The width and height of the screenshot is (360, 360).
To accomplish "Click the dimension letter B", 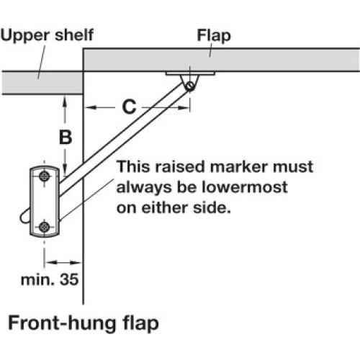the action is tap(66, 138).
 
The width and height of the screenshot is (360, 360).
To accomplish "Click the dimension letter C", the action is tap(129, 107).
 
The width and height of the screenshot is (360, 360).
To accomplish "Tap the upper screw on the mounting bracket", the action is tap(44, 176).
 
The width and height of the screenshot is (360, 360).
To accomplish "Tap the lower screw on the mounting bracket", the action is tap(44, 227).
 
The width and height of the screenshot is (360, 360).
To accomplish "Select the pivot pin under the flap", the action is tap(191, 86).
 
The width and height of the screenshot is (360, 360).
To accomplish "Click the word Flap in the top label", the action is tap(214, 36).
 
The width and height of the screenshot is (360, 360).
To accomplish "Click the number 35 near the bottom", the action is tap(69, 279).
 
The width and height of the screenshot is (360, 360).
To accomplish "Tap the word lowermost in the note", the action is tap(244, 187).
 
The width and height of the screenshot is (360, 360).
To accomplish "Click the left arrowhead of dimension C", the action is tap(91, 107).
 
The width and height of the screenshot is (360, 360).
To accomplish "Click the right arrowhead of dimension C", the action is tap(184, 108).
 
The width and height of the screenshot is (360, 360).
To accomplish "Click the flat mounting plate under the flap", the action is tap(190, 73).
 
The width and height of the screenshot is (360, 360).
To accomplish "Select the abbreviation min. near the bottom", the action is tap(36, 280).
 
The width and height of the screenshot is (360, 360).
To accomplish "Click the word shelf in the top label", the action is tap(74, 35).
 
